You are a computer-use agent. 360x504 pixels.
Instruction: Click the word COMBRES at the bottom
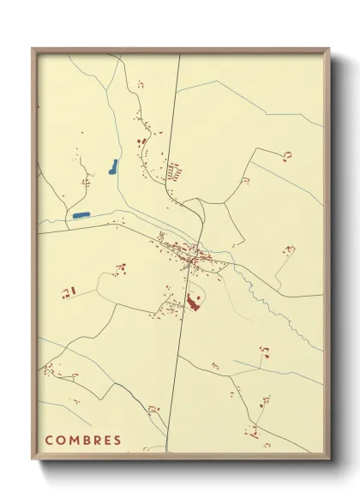coord(83,441)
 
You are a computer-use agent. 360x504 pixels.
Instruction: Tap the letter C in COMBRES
coord(50,441)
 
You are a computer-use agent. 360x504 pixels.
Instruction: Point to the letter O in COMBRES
coord(61,441)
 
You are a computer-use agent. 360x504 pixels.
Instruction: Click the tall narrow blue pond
coord(113,166)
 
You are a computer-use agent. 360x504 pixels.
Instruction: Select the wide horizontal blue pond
coord(81,214)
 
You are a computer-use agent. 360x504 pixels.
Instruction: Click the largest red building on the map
coord(195,302)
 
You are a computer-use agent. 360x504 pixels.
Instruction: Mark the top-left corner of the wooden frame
coord(33,49)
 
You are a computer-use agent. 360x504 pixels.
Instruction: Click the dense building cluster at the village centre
coord(190,255)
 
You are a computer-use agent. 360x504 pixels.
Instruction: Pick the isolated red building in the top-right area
coord(288,154)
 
